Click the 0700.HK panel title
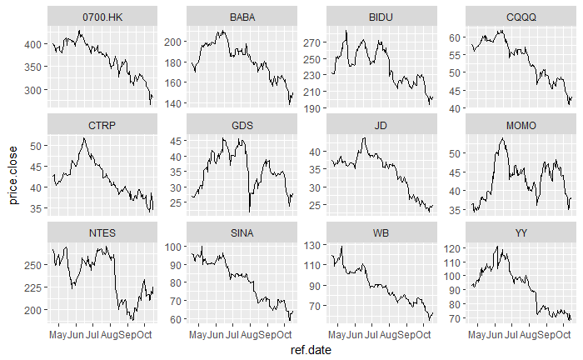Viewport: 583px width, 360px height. click(x=102, y=17)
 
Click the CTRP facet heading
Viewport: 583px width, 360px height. click(x=102, y=125)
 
